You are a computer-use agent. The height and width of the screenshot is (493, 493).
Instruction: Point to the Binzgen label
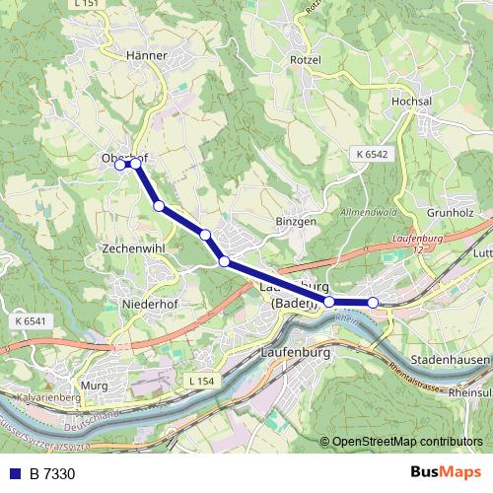[296, 222]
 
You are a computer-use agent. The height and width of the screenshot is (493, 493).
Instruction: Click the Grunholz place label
[451, 212]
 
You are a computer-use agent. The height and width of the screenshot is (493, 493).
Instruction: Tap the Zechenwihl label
[131, 249]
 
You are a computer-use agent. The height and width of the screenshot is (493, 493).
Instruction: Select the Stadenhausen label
[449, 360]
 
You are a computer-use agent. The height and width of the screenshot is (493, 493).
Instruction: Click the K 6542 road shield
[371, 155]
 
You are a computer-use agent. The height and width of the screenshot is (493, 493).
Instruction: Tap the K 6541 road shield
[31, 320]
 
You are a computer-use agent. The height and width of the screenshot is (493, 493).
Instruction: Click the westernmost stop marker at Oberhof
[120, 165]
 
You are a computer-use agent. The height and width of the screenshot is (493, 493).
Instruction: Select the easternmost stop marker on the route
[373, 302]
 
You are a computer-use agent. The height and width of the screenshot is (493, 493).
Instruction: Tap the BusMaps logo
[445, 473]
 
